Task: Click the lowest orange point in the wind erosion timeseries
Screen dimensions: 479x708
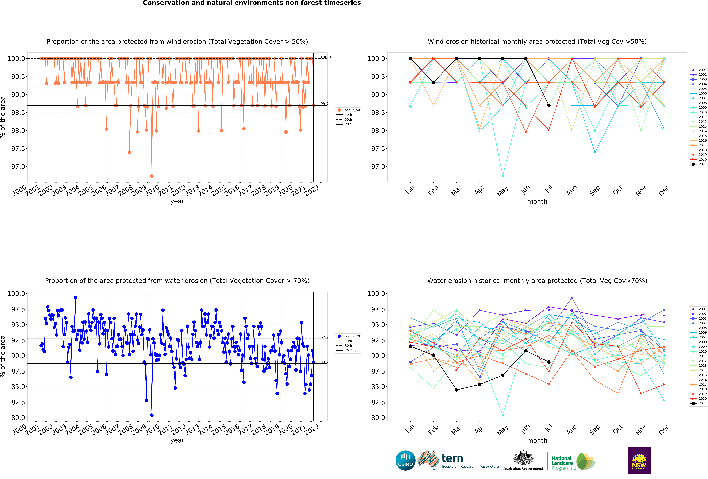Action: (x=152, y=176)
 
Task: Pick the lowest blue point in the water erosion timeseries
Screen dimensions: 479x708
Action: (x=152, y=415)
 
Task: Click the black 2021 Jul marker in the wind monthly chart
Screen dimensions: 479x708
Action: (x=549, y=105)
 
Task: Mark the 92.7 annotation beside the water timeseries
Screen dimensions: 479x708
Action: (x=324, y=338)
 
